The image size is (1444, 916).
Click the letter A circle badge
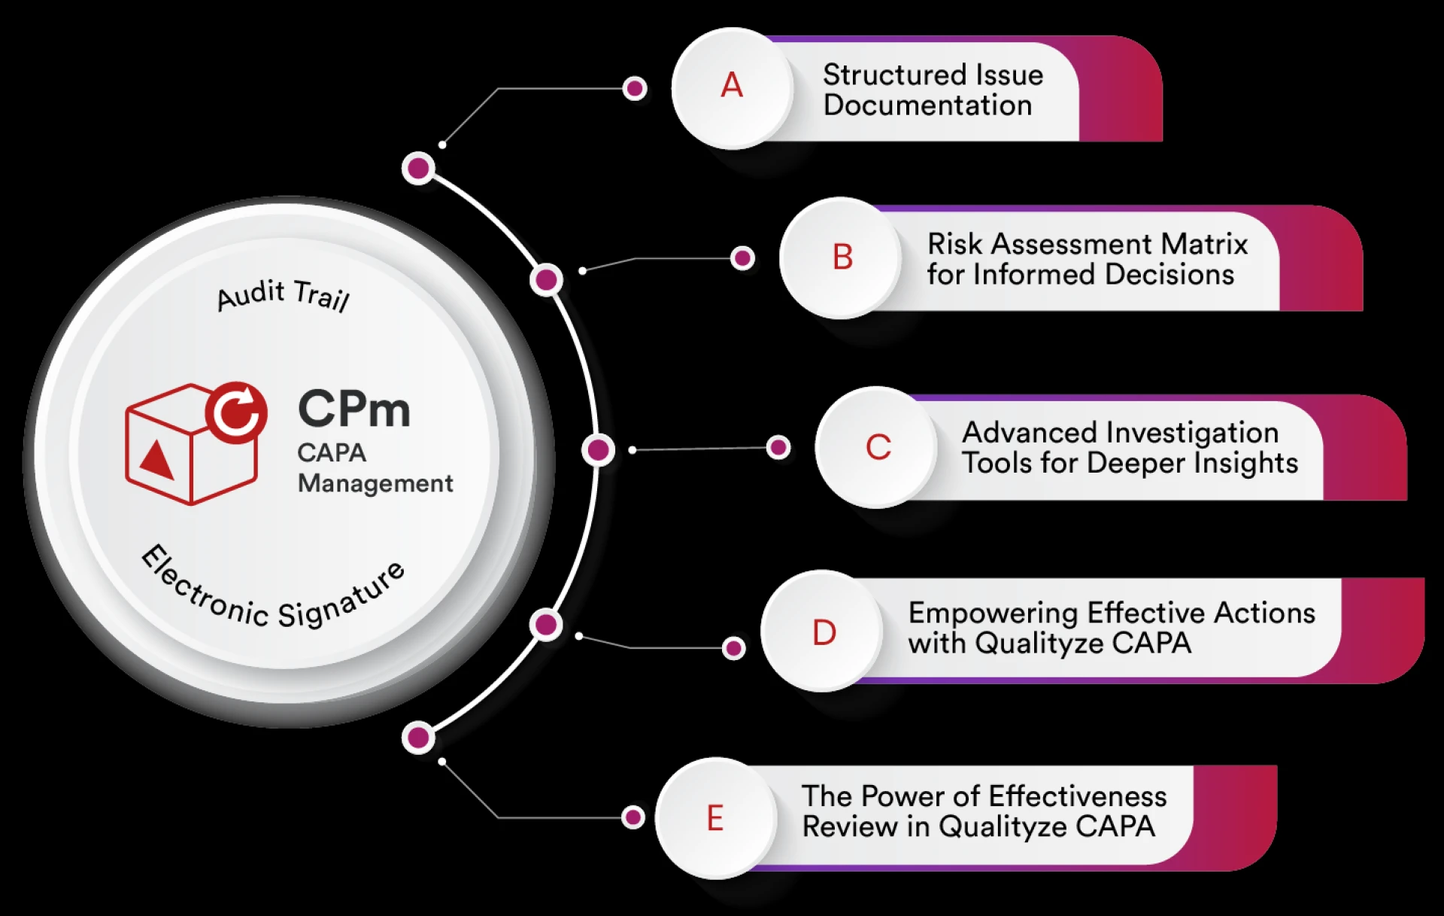[732, 87]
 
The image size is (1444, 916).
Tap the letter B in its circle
[842, 257]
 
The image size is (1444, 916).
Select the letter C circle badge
[878, 447]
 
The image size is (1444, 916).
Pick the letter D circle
[824, 632]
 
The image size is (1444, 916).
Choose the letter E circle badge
[715, 818]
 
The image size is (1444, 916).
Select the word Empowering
[993, 614]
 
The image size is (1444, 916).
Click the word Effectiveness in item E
[1077, 796]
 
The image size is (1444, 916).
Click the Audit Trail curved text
[284, 294]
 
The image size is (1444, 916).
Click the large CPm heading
[354, 409]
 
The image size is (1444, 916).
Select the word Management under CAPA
[375, 483]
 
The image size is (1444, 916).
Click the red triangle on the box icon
[158, 460]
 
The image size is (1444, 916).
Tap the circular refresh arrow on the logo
[236, 412]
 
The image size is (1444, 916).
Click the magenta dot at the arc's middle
[599, 450]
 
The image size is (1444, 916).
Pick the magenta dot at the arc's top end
[418, 168]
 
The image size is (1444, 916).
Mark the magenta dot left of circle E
[633, 817]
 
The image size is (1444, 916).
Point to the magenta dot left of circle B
[742, 258]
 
